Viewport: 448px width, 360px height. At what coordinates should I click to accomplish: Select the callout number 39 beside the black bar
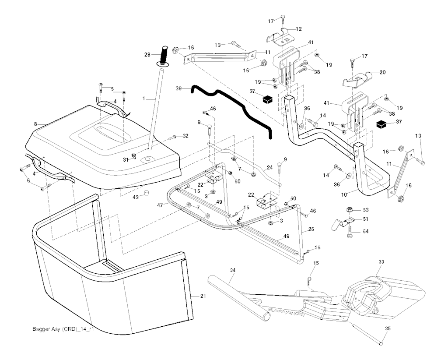(178, 88)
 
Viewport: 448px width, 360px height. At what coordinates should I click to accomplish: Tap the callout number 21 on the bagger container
(203, 297)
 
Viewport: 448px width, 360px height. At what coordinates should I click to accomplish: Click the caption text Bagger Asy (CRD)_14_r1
(63, 329)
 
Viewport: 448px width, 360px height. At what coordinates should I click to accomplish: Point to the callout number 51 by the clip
(366, 219)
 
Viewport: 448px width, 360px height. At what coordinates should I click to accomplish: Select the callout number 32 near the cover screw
(185, 136)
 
